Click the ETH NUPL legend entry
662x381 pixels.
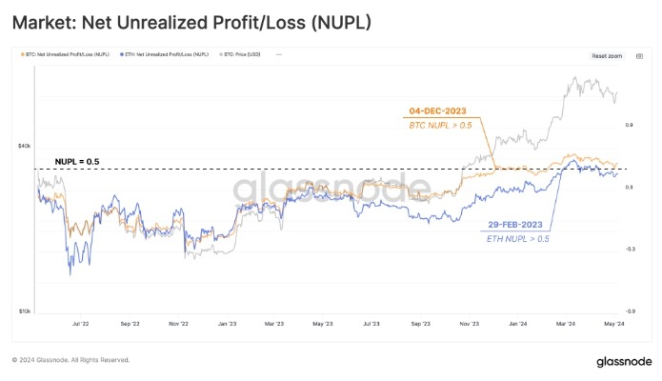coord(162,55)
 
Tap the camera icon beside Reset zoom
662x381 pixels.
coord(632,56)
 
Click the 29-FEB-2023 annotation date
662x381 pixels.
coord(513,225)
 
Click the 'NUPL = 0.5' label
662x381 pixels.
coord(77,161)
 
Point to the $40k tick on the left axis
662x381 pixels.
coord(25,146)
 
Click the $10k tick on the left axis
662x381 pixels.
coord(25,311)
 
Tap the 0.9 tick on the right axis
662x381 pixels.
coord(630,125)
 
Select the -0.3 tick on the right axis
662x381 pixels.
coord(630,250)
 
